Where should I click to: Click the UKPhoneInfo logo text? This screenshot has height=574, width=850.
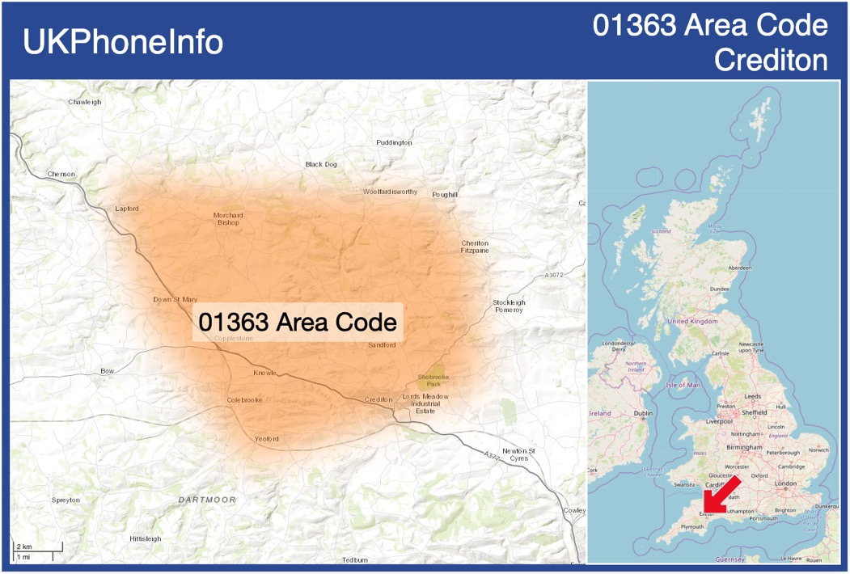coord(123,42)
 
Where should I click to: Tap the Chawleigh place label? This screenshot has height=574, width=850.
coord(85,102)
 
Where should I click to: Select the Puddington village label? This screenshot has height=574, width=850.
coord(394,142)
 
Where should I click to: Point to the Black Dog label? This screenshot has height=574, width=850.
coord(321,164)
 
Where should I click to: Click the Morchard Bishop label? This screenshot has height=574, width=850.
coord(228,219)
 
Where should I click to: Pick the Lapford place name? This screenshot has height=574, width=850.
coord(127,209)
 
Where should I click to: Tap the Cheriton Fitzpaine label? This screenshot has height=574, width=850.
coord(475,247)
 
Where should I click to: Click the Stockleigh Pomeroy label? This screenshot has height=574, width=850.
coord(509,306)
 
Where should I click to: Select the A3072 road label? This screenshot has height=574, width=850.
coord(554,276)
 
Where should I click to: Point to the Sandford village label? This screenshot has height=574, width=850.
coord(382,345)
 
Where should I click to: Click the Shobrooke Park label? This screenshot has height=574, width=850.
coord(433,381)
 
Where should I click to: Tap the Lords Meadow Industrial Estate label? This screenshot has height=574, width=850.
coord(425,403)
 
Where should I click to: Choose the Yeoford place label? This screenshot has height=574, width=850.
coord(266,439)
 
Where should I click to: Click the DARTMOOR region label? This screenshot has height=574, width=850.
coord(208,500)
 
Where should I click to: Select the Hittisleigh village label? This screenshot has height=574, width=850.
coord(146,538)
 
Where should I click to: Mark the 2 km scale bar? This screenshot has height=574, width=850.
coord(36,548)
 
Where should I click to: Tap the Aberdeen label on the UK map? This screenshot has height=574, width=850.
coord(739,268)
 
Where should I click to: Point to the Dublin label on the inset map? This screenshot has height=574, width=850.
coord(643,413)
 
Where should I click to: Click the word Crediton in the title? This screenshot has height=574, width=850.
coord(772,60)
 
